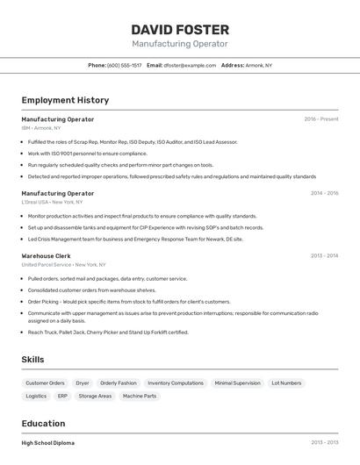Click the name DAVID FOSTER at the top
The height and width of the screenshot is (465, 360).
pyautogui.click(x=180, y=30)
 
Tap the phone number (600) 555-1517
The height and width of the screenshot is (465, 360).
pyautogui.click(x=124, y=65)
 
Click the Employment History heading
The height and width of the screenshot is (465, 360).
pyautogui.click(x=65, y=100)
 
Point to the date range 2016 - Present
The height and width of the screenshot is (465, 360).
pyautogui.click(x=320, y=119)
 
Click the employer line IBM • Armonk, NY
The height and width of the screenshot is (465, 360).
pyautogui.click(x=41, y=128)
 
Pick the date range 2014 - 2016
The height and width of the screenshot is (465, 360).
pyautogui.click(x=324, y=193)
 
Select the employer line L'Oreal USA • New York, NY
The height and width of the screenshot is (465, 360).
pyautogui.click(x=52, y=202)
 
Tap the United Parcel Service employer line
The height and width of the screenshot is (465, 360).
pyautogui.click(x=63, y=264)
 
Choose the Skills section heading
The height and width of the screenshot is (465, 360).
pyautogui.click(x=32, y=360)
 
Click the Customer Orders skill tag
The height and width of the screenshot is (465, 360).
pyautogui.click(x=45, y=383)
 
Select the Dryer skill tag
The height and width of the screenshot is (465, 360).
pyautogui.click(x=83, y=383)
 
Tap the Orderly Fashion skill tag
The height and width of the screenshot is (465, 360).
pyautogui.click(x=119, y=383)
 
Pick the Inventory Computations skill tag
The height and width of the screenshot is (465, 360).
pyautogui.click(x=176, y=383)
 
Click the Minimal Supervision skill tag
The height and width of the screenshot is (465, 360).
pyautogui.click(x=237, y=383)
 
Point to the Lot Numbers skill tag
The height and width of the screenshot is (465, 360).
pyautogui.click(x=286, y=383)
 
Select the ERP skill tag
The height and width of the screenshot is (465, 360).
pyautogui.click(x=62, y=397)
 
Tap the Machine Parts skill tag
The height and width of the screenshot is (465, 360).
pyautogui.click(x=140, y=397)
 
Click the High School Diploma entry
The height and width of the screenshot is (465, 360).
pyautogui.click(x=48, y=443)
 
